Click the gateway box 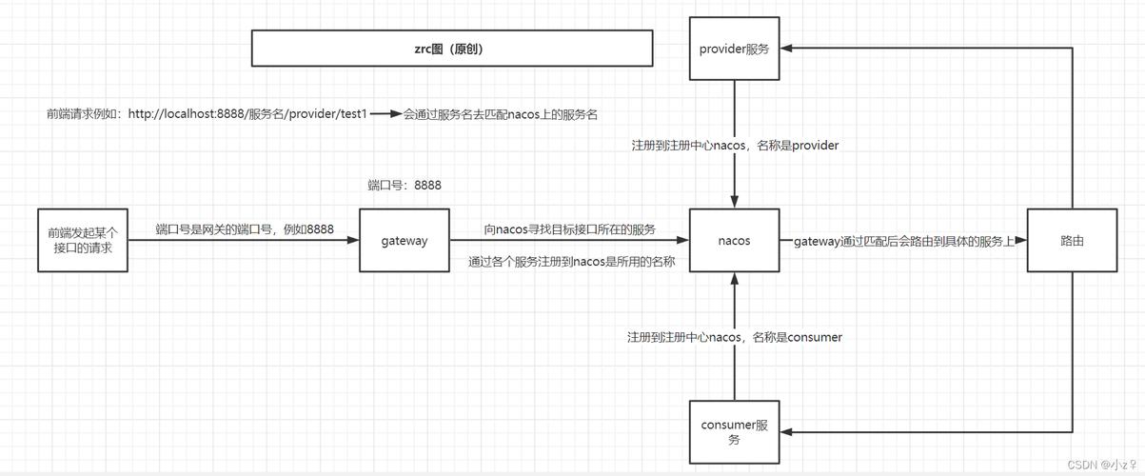pos(405,241)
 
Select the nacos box pos(734,241)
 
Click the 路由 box pos(1072,241)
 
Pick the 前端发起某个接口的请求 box pos(83,240)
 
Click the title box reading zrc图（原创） pos(452,49)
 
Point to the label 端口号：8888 pos(405,185)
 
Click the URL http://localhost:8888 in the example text pos(186,113)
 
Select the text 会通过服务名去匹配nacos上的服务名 pos(501,113)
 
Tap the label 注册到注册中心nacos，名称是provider pos(735,146)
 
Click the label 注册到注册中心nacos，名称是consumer pos(735,337)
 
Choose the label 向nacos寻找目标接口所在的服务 pos(569,229)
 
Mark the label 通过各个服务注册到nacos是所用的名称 pos(571,261)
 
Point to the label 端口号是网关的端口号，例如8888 pos(245,229)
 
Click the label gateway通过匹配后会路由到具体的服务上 pos(904,242)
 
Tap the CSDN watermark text pos(1102,465)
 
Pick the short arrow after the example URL pos(385,113)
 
